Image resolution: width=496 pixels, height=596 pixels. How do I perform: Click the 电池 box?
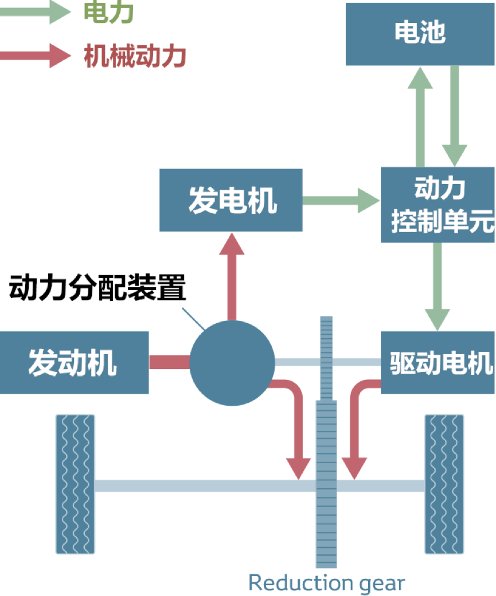[420, 33]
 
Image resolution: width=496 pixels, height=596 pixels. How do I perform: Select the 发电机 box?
[231, 200]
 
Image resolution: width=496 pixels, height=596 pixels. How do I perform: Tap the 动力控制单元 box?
[438, 205]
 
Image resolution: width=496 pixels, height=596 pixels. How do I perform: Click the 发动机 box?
[73, 362]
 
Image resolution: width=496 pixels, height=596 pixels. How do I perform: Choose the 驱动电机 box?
[438, 363]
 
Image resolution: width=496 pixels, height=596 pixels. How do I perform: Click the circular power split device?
[232, 363]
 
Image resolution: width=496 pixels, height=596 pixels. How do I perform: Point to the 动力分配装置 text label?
[97, 288]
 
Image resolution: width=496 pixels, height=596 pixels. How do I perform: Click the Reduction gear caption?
[326, 583]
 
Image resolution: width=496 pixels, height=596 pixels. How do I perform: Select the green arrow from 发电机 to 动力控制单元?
[341, 201]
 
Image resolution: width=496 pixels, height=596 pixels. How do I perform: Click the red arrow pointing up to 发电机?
[232, 275]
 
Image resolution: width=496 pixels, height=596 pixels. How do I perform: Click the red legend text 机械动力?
[135, 56]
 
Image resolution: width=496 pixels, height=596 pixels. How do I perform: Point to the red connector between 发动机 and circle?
[169, 362]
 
